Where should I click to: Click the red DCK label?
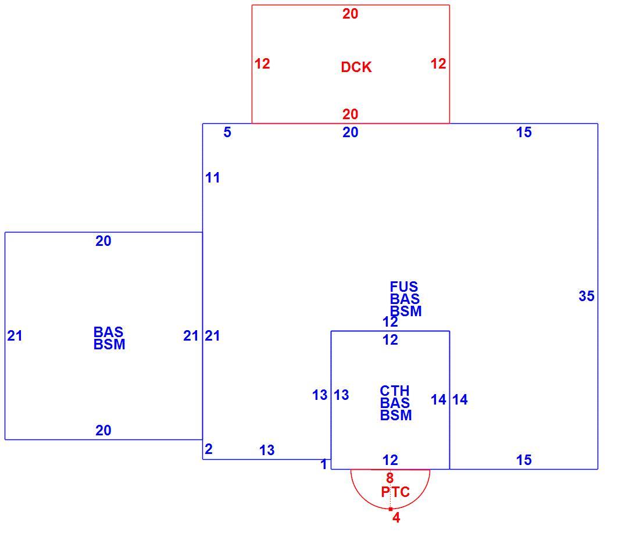[x=356, y=67]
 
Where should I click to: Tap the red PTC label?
[x=395, y=492]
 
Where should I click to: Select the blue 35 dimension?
[x=587, y=296]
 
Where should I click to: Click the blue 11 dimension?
[x=213, y=178]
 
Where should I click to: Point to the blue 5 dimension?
[x=227, y=132]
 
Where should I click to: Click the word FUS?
[x=404, y=287]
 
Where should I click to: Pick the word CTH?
[x=395, y=391]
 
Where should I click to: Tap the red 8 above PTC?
[x=390, y=477]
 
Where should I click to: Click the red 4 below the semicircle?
[x=396, y=517]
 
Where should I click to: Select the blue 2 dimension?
[x=209, y=449]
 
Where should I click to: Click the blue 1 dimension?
[x=324, y=464]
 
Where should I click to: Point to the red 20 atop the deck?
[x=351, y=14]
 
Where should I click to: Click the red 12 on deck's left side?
[x=262, y=63]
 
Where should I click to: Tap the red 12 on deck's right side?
[x=438, y=63]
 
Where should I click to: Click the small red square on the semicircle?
[x=391, y=509]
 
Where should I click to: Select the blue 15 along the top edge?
[x=524, y=132]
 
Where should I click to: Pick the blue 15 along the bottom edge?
[x=524, y=460]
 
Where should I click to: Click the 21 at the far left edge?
[x=15, y=336]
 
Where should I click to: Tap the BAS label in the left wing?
[x=108, y=331]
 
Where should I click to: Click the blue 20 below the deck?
[x=351, y=132]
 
